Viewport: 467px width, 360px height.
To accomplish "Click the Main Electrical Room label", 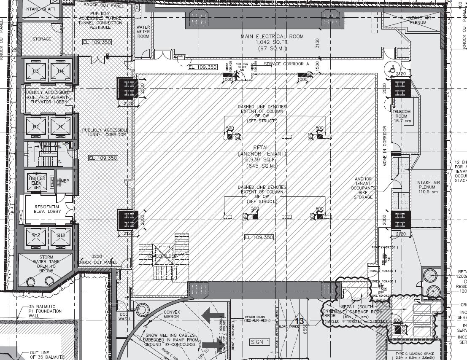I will (272, 37).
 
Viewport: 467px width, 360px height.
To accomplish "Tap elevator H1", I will (59, 126).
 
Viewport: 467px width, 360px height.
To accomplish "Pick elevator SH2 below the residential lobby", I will (36, 235).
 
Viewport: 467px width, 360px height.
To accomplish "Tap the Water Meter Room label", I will (143, 32).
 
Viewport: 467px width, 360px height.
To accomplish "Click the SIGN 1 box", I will (259, 342).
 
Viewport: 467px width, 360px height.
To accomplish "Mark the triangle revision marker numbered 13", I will (300, 321).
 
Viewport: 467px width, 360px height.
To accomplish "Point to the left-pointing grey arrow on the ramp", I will (212, 315).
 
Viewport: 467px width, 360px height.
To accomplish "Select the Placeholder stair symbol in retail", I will (162, 256).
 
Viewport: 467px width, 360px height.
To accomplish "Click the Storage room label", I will (42, 39).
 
